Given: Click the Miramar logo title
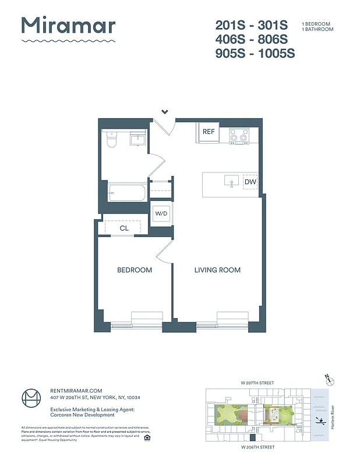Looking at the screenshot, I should point(68,26).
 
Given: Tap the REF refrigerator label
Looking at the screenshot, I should point(209,132).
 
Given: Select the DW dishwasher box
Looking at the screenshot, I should point(250,182).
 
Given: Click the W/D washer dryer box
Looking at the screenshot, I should point(161,214).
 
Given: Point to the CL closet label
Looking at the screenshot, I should point(124,228).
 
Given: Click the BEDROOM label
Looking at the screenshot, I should point(135,270).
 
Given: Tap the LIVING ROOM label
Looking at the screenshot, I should point(217,270).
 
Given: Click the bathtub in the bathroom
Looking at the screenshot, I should point(126,193).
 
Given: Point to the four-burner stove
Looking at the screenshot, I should point(239,136).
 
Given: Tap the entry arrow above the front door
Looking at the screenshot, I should point(165,111).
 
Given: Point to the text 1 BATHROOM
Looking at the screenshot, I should point(317,29).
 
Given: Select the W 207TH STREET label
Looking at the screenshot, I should point(257,382).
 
